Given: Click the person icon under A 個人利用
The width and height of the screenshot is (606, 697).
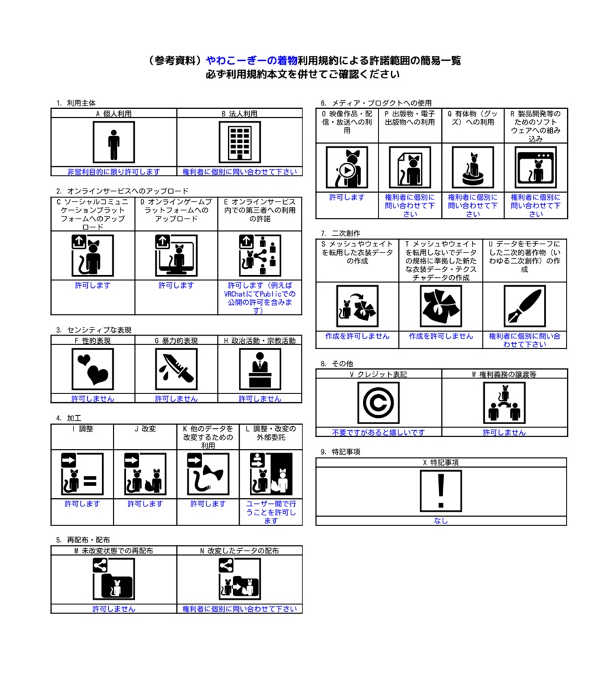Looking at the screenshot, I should (114, 142).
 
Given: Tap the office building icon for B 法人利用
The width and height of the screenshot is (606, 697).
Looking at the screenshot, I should (239, 142).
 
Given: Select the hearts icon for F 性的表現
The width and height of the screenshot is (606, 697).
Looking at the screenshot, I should (93, 369).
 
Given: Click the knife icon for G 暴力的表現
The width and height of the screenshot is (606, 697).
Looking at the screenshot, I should (176, 369).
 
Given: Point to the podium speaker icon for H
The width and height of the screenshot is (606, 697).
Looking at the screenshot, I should (259, 369).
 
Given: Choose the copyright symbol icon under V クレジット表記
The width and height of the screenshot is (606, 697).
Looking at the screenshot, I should (378, 402).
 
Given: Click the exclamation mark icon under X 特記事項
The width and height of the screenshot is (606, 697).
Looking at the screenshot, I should (441, 491).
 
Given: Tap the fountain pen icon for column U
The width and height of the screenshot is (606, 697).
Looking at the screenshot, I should (524, 306).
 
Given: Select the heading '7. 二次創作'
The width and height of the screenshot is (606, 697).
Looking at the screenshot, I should (340, 233).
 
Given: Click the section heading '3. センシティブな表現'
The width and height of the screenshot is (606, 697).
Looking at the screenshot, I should (94, 329).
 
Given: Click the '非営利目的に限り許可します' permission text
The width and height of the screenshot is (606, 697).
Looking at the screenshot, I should (114, 172).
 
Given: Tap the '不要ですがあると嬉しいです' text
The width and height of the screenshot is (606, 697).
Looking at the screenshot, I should (378, 432).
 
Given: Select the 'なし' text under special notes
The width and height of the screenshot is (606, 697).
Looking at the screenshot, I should (441, 521).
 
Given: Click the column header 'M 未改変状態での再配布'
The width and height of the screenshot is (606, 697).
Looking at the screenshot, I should (114, 550).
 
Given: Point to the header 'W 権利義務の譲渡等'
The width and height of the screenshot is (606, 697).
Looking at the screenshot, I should (504, 374).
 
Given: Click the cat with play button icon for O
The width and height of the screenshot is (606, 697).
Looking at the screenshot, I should (347, 167).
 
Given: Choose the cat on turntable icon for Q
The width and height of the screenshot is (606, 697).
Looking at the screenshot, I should (473, 167).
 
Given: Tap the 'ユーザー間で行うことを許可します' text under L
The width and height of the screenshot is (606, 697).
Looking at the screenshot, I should (270, 512).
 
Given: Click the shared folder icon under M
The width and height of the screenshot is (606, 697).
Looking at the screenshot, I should (114, 579).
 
